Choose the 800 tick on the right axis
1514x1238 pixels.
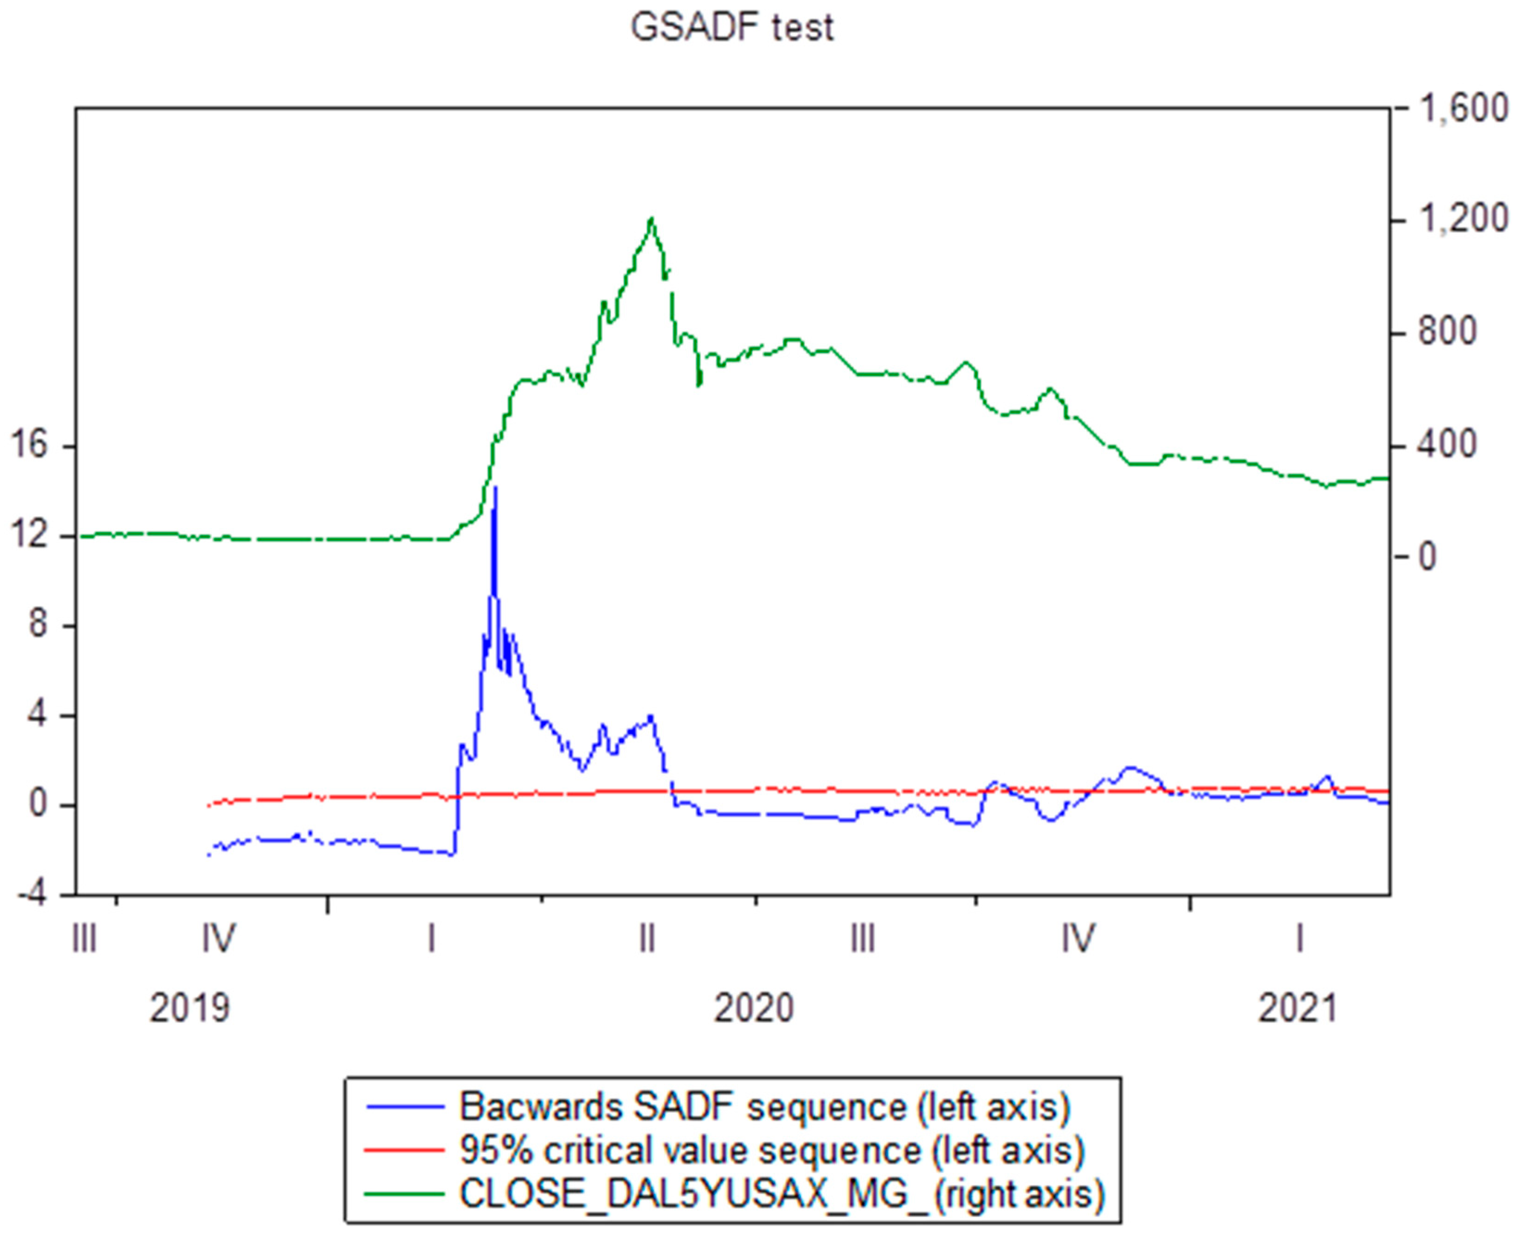tap(1447, 332)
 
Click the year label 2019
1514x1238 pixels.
tap(190, 1008)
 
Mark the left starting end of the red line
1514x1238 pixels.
tap(207, 806)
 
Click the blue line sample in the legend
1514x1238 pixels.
tap(404, 1107)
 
